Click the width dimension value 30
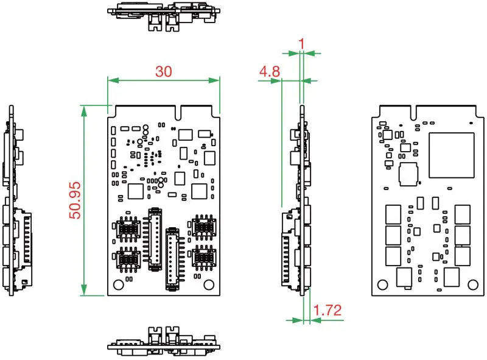163,71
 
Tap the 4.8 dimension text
269,71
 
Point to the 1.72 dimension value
328,310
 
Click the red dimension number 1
301,44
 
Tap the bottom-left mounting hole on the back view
382,284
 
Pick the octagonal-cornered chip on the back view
408,174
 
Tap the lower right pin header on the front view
172,258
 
